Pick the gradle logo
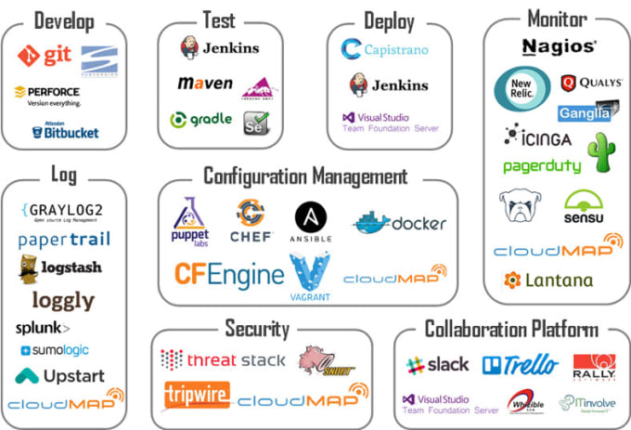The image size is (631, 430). coord(200,120)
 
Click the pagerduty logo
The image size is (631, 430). coord(542,166)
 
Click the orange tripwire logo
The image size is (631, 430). coord(196,395)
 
